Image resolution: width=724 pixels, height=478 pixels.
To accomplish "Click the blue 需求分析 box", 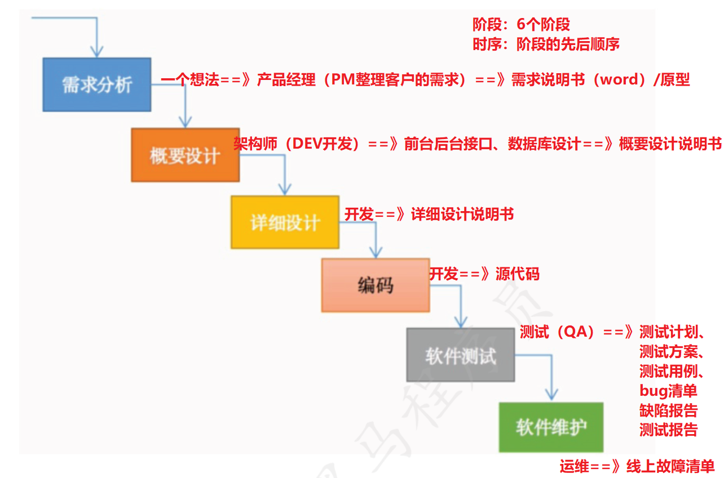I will (96, 84).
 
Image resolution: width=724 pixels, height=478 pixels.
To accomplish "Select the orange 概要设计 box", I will (185, 155).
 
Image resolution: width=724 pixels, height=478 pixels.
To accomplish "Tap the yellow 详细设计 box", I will (285, 222).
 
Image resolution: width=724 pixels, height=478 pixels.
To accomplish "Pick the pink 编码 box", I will (375, 285).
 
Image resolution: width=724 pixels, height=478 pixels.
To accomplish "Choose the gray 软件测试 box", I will (460, 355).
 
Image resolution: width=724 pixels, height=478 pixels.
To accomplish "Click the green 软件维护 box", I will (550, 427).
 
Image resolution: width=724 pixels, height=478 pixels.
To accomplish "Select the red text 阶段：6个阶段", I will (521, 25).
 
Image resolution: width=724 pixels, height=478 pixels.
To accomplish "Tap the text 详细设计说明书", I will (462, 215).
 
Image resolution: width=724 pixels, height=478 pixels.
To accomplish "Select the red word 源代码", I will (518, 274).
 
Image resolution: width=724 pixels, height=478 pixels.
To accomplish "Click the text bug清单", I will (668, 391).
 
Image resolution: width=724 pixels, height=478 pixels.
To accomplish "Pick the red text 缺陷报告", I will (668, 410).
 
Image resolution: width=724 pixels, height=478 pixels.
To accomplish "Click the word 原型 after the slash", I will (674, 80).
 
